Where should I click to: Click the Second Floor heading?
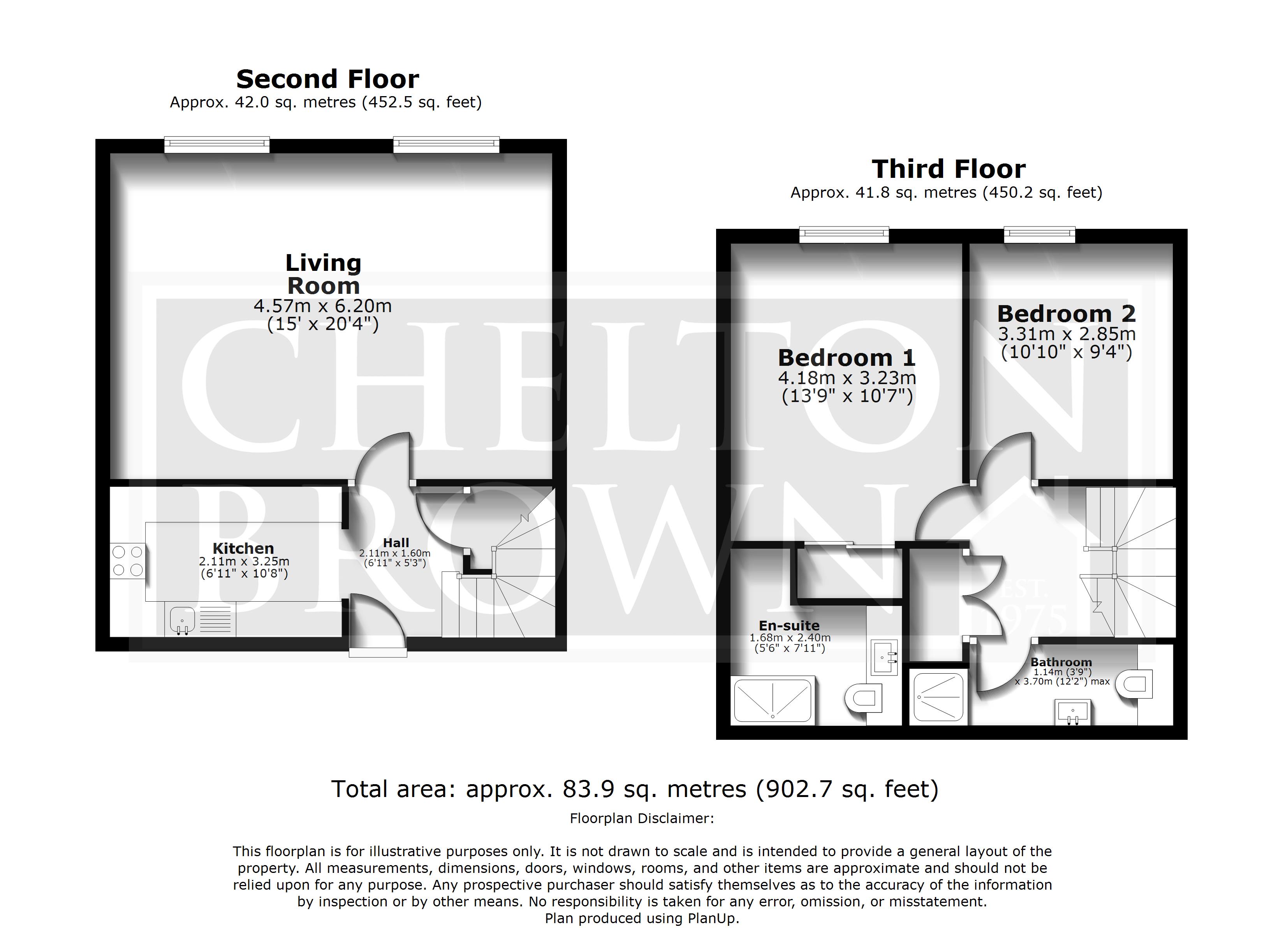point(327,79)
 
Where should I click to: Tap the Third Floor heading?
point(949,169)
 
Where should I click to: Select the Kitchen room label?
point(243,548)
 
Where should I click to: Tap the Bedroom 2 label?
point(1066,314)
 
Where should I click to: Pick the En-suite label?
point(789,626)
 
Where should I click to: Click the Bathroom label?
point(1061,662)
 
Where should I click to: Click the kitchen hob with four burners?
point(127,561)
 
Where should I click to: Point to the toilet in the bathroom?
point(1134,684)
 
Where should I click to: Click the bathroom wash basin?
point(1072,713)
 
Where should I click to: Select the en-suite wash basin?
point(884,658)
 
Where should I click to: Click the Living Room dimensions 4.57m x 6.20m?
point(323,306)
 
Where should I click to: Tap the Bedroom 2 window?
point(1040,235)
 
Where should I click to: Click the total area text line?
point(635,789)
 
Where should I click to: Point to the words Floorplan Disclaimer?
point(642,818)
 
